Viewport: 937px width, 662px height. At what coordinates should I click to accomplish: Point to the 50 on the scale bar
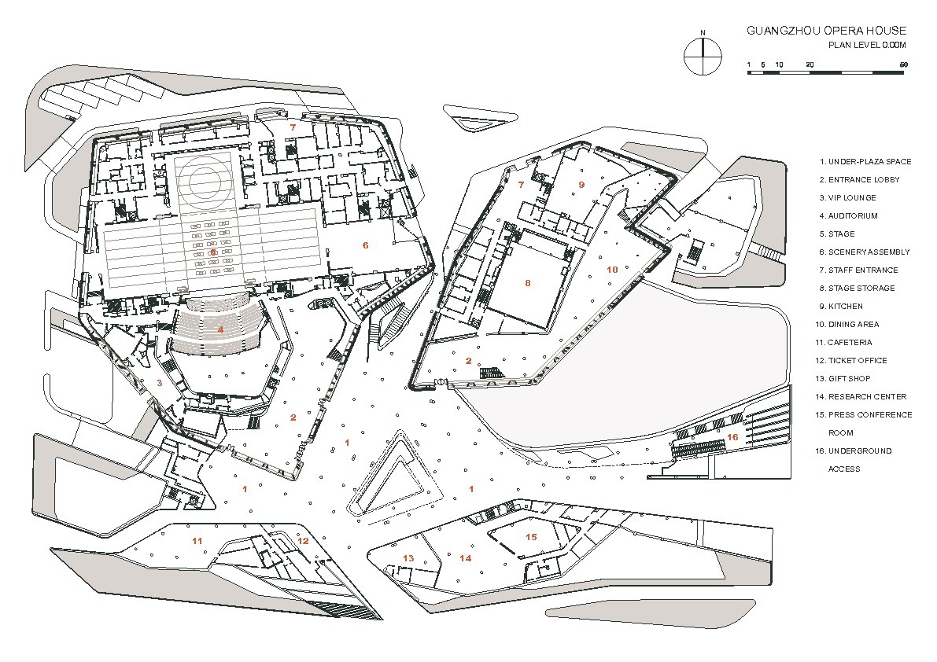click(903, 64)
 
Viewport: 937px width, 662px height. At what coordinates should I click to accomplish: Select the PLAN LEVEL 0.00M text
click(867, 45)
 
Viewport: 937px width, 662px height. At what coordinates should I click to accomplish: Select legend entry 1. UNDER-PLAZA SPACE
click(865, 161)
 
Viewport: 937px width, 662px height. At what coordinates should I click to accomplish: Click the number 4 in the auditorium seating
click(221, 329)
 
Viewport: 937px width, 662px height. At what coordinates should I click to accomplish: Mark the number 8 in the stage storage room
click(528, 282)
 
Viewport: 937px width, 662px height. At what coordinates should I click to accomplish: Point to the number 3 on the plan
click(160, 383)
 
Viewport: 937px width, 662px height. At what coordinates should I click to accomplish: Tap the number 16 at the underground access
click(732, 436)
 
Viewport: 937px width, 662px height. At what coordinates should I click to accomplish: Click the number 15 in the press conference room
click(531, 537)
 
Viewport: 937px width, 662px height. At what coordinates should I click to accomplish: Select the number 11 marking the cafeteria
click(197, 540)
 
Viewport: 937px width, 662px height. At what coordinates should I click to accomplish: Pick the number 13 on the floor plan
click(408, 558)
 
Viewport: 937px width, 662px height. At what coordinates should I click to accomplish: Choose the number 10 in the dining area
click(613, 269)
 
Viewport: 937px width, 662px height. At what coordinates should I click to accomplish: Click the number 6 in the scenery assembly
click(365, 245)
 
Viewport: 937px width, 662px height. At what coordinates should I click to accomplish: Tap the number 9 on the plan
click(581, 184)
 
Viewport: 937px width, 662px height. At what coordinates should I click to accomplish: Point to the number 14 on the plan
click(466, 558)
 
